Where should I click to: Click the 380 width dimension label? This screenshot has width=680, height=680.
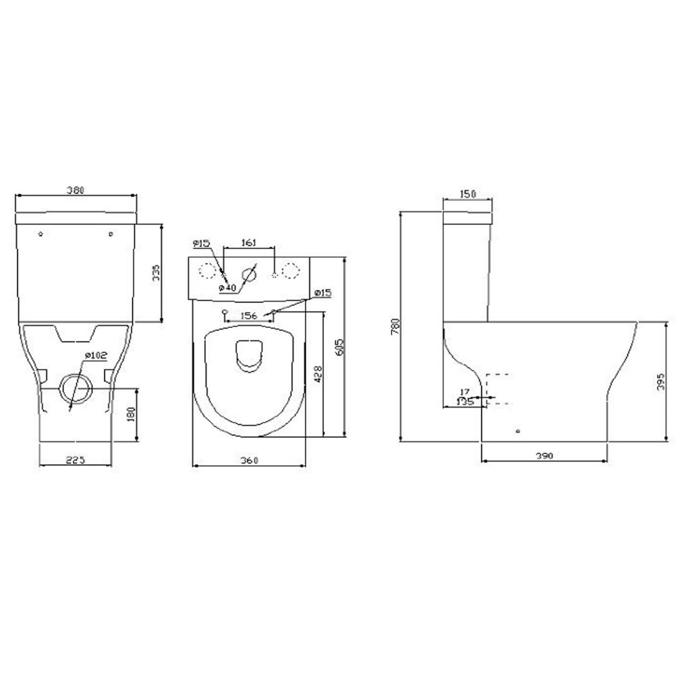tap(76, 190)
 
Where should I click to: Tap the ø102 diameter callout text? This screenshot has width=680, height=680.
tap(96, 355)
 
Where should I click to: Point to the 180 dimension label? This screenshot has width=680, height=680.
tap(131, 414)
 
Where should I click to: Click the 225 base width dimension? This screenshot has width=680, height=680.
tap(75, 460)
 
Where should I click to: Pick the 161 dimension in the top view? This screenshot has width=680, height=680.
tap(249, 243)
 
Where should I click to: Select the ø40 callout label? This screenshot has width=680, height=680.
tap(227, 288)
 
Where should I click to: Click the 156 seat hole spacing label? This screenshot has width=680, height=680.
tap(249, 316)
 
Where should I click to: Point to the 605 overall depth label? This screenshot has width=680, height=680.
tap(341, 347)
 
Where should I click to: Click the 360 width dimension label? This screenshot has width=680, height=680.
tap(249, 460)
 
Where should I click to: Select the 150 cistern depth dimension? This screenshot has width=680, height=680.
tap(467, 194)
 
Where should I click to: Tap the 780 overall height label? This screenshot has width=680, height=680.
tap(396, 326)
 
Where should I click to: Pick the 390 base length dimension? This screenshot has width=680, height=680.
tap(544, 456)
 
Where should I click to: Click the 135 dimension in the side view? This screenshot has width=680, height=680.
tap(465, 401)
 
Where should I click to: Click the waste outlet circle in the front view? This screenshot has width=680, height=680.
tap(76, 389)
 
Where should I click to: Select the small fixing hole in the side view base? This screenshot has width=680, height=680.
tap(518, 431)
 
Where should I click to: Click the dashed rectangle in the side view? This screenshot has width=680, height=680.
tap(497, 389)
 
